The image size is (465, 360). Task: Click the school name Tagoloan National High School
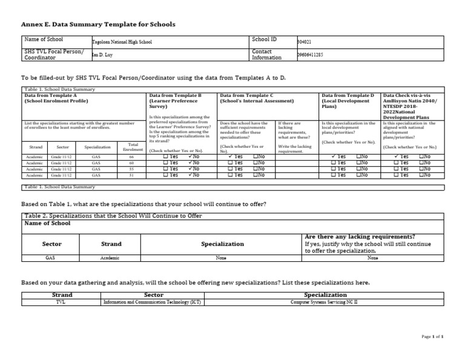(x=122, y=42)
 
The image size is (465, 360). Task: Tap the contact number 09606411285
(x=310, y=55)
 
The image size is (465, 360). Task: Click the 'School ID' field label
(x=264, y=39)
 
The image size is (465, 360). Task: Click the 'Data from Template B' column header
(x=175, y=96)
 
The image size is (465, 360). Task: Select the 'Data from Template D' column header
(x=348, y=96)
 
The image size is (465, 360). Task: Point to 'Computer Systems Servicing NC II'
(x=325, y=301)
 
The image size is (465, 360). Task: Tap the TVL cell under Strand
(x=60, y=301)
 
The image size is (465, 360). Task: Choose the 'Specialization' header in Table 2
(x=222, y=244)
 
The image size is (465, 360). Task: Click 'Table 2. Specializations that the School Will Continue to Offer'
(x=113, y=216)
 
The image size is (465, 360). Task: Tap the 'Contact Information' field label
(x=266, y=55)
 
